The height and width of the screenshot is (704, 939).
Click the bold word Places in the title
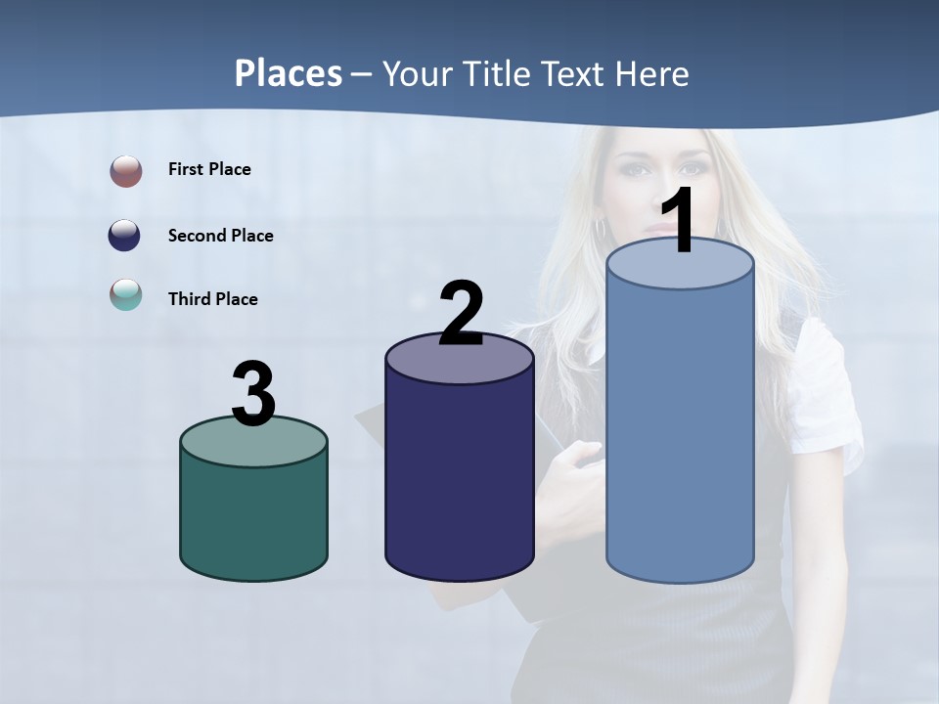289,73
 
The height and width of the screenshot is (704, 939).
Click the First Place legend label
209,169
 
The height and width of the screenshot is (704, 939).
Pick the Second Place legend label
220,236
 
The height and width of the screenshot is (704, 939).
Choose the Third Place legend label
212,299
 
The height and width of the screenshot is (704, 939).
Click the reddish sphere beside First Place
126,171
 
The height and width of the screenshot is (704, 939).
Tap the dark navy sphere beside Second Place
126,236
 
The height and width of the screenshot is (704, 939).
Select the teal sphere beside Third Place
126,294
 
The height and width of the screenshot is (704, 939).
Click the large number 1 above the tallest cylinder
678,222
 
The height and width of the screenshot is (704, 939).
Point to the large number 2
461,313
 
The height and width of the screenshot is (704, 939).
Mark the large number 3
253,394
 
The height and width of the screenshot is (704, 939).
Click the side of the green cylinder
254,518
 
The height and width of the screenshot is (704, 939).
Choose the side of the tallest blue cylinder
680,430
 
